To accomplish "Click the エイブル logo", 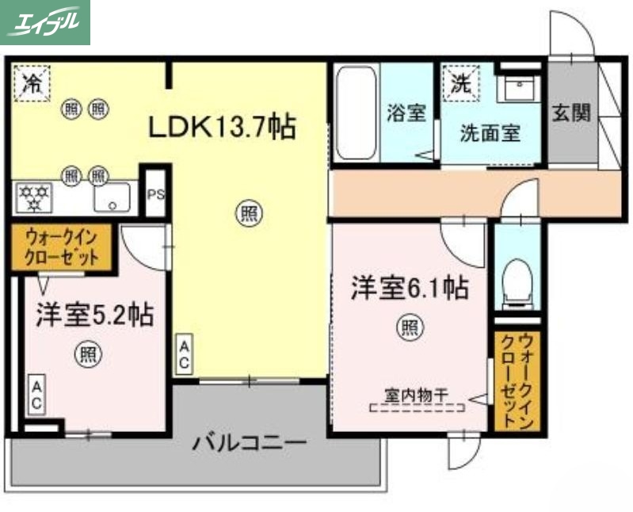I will [x=45, y=22].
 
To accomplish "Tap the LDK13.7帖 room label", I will [x=221, y=126].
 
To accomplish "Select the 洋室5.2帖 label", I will [x=93, y=315].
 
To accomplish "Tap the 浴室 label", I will [x=407, y=113].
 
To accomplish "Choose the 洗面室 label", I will [x=490, y=133].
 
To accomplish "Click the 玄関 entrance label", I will [x=572, y=113].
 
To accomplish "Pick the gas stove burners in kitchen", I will [x=35, y=197].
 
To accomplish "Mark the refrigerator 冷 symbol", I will [x=32, y=82].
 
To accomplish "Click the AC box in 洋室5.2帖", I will [x=36, y=395].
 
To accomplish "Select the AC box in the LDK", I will [x=183, y=353].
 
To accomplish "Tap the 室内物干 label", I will [x=417, y=393].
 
